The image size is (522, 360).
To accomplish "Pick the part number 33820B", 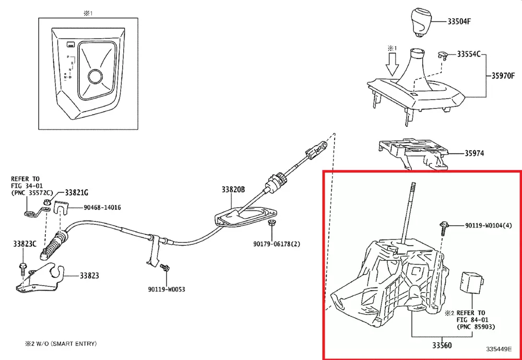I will tap(232, 190).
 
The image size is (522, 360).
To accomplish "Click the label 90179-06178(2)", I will tap(277, 244).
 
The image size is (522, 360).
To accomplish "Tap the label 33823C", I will tap(25, 244).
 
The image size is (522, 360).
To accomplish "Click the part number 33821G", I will tap(76, 193).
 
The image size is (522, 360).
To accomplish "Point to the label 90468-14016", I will tap(102, 208).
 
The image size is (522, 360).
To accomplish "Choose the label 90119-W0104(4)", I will tap(489, 226).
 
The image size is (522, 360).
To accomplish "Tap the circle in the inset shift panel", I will tap(95, 77).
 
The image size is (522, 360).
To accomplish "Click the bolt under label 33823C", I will tap(23, 268).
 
